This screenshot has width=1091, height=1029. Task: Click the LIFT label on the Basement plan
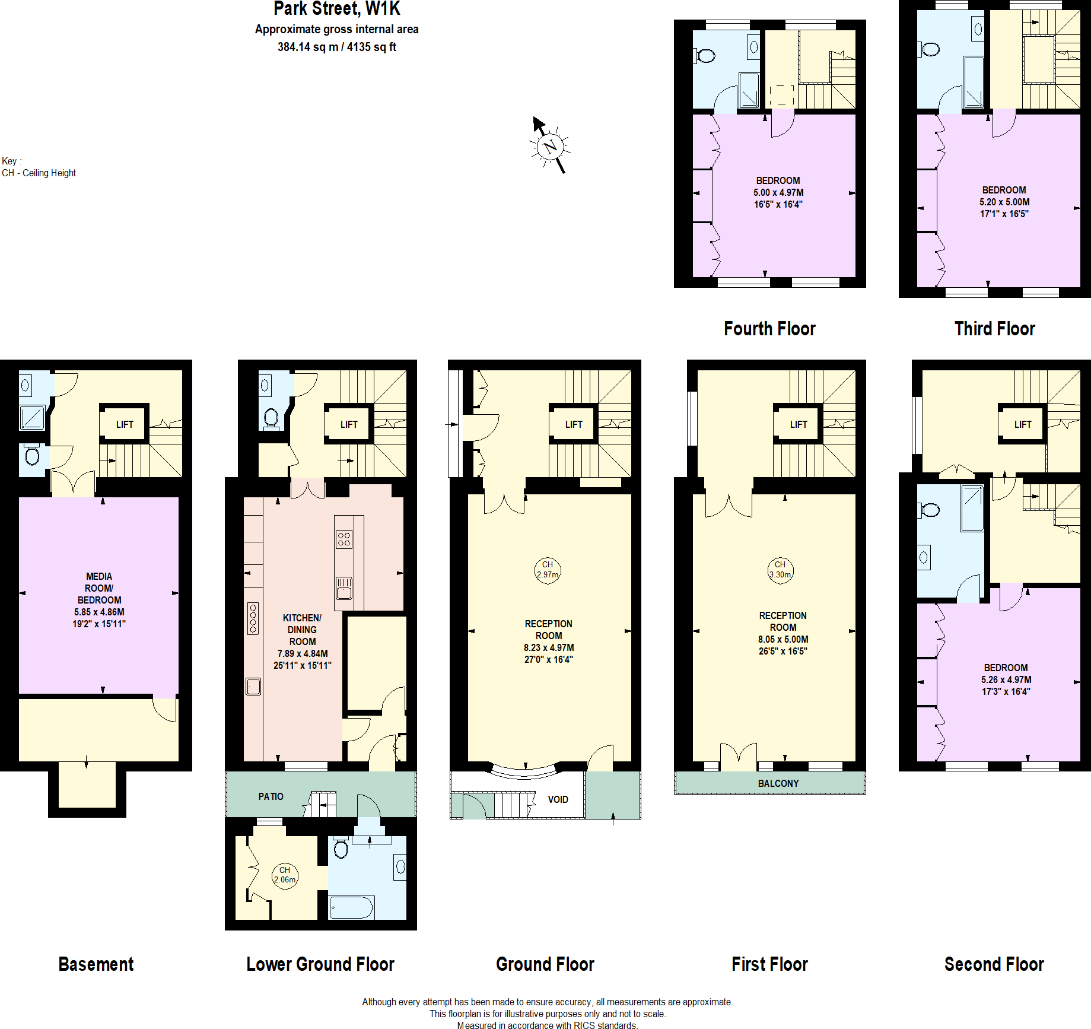125,424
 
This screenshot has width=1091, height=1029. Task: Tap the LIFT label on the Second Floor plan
1022,424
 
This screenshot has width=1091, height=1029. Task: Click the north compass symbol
550,146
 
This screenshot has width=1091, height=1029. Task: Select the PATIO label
271,796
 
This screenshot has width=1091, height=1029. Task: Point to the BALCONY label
778,783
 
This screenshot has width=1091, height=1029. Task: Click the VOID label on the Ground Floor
558,799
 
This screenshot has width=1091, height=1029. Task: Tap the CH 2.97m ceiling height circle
547,570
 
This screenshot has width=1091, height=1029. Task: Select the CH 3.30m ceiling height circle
780,570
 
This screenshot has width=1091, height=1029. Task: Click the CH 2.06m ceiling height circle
285,875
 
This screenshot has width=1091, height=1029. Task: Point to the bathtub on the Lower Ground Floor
351,907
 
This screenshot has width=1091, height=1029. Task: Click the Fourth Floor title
769,329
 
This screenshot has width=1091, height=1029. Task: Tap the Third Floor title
994,329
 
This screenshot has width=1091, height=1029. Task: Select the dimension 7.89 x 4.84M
303,653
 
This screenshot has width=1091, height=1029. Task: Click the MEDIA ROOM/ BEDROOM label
99,588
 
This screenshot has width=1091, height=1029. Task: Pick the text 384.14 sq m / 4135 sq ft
336,47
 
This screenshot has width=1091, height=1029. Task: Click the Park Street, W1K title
336,9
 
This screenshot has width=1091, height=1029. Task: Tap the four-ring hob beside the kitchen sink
344,539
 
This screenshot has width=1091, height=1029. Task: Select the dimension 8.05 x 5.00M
783,639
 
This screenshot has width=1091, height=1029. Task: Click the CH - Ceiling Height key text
39,173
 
